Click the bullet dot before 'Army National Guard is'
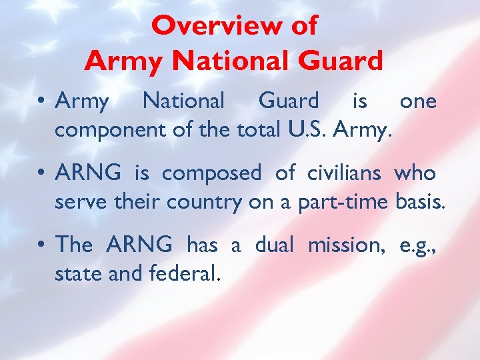click(41, 102)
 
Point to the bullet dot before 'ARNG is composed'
click(41, 174)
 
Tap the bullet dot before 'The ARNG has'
click(41, 246)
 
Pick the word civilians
click(344, 173)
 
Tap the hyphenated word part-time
click(340, 202)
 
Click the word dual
click(275, 245)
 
